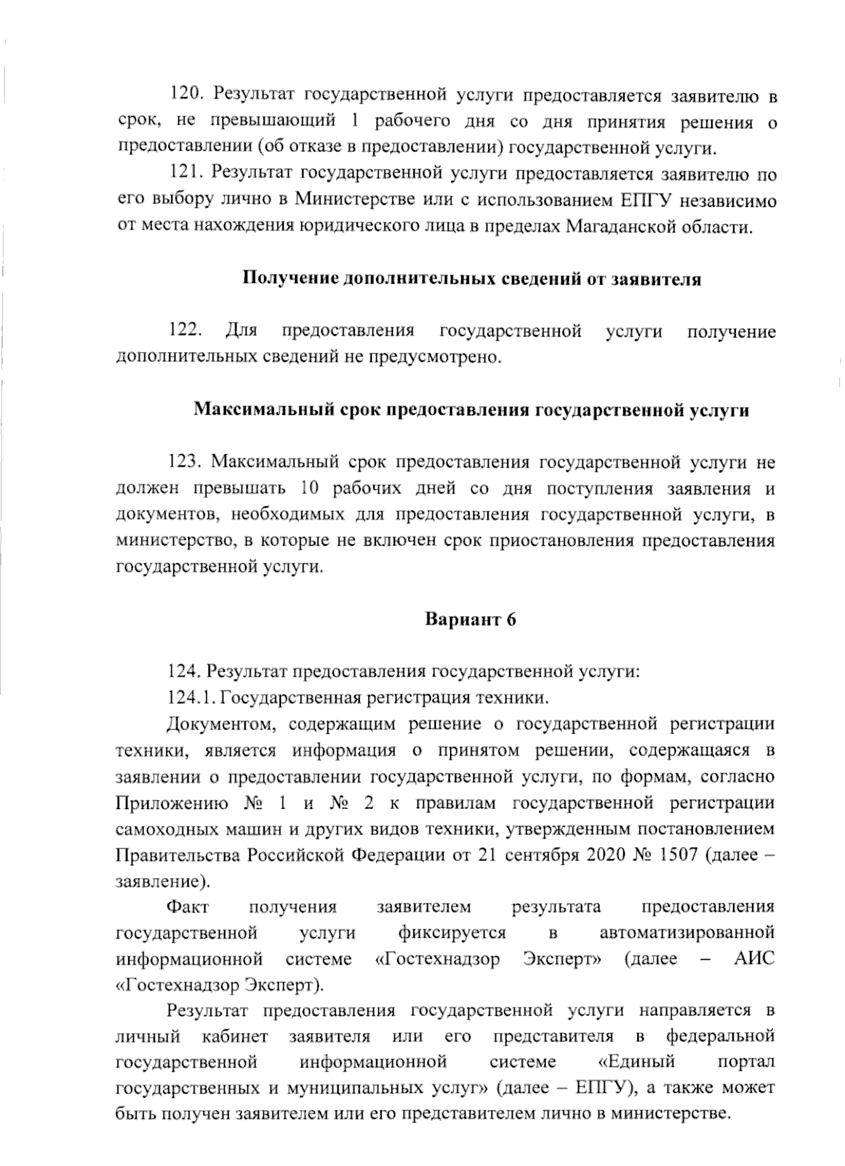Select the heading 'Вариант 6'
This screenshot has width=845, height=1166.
pyautogui.click(x=470, y=620)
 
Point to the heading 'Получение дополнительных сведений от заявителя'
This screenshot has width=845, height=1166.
pyautogui.click(x=471, y=279)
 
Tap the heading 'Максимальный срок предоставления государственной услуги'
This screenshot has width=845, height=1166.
pyautogui.click(x=471, y=410)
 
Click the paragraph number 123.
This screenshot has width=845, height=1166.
pyautogui.click(x=185, y=462)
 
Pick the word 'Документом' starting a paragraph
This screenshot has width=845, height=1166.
pyautogui.click(x=218, y=724)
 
